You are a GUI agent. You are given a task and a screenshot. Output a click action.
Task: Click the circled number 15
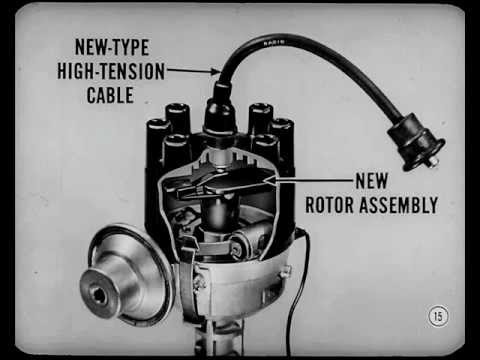point(438,316)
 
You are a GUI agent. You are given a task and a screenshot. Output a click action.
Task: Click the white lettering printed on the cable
point(271,43)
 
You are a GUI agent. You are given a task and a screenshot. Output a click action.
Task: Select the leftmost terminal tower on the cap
point(158,140)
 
